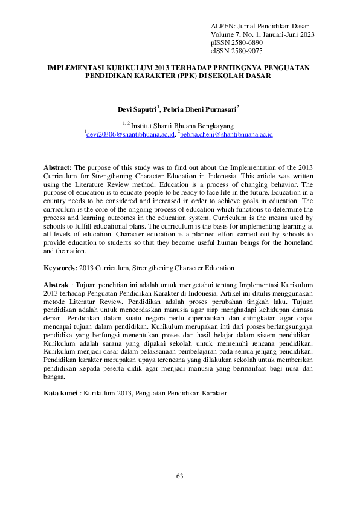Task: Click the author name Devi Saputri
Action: point(137,109)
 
